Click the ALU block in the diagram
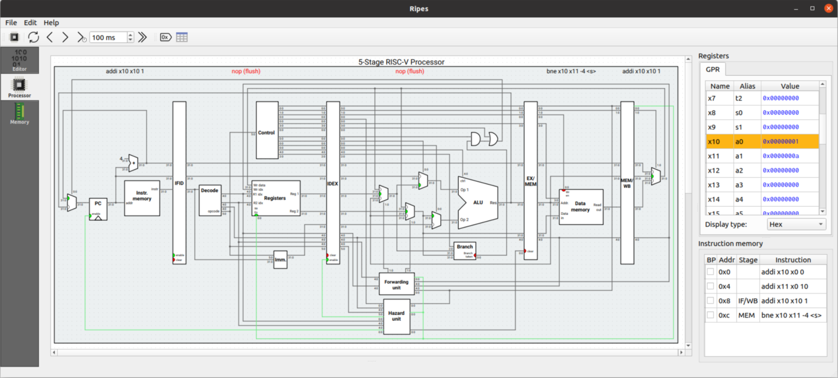pos(478,202)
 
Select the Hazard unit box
pos(396,316)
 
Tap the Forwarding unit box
pos(396,284)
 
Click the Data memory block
pos(580,207)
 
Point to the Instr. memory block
pos(142,198)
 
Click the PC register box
pos(98,208)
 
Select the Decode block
pos(209,200)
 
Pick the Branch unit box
pos(464,250)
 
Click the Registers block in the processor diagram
pos(276,198)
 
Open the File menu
pos(11,22)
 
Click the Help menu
pos(51,22)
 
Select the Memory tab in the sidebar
pos(20,114)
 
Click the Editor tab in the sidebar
pos(20,61)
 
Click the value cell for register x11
pos(789,156)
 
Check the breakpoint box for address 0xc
pos(710,315)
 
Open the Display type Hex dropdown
pos(796,224)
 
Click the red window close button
pos(828,8)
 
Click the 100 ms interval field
pos(108,37)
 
